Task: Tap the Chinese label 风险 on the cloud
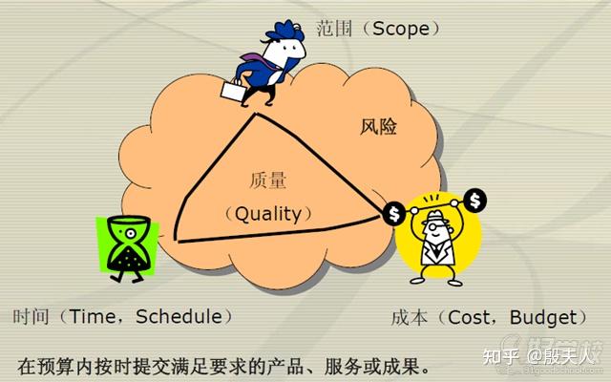(x=379, y=125)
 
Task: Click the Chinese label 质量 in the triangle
(x=267, y=179)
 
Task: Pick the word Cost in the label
(x=467, y=317)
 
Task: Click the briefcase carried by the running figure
(x=233, y=92)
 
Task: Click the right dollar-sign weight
(x=476, y=201)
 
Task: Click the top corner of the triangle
(x=255, y=115)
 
